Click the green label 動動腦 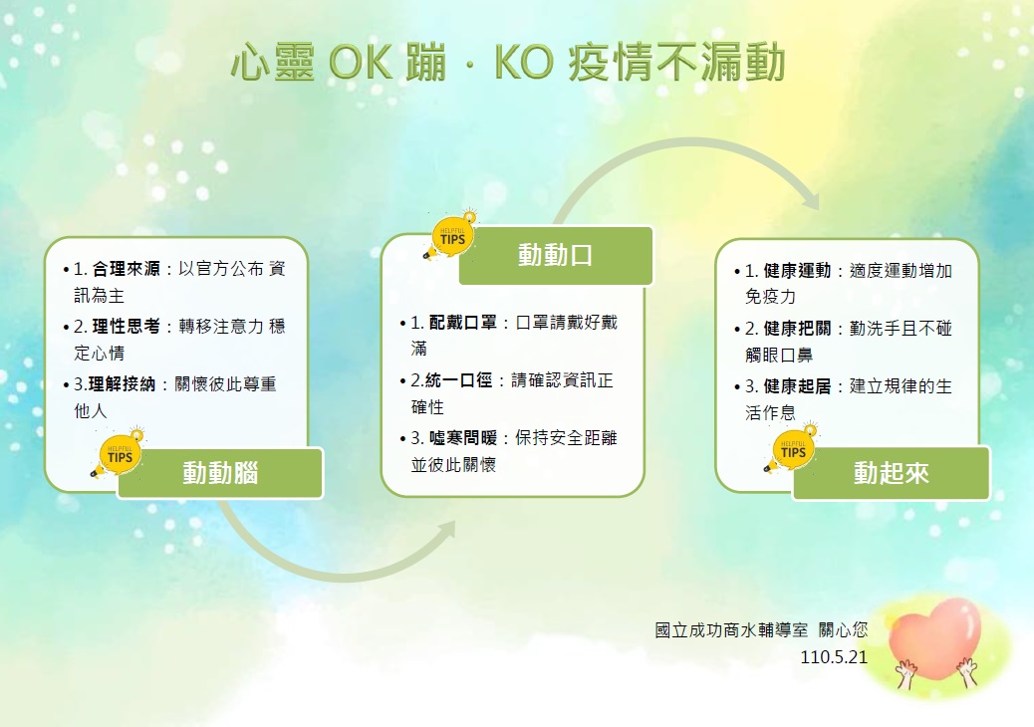(220, 473)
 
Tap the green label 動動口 (555, 255)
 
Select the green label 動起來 (891, 473)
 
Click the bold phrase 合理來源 (126, 269)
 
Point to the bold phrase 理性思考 (126, 327)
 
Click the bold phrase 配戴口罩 (463, 323)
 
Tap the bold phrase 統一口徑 (459, 380)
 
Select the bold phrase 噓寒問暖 (463, 438)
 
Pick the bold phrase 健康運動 (797, 271)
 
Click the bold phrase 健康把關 (797, 329)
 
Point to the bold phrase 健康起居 (797, 386)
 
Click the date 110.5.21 (834, 657)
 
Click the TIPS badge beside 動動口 (450, 235)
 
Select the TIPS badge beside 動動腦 (118, 453)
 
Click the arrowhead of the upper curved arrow (811, 198)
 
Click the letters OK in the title (360, 63)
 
